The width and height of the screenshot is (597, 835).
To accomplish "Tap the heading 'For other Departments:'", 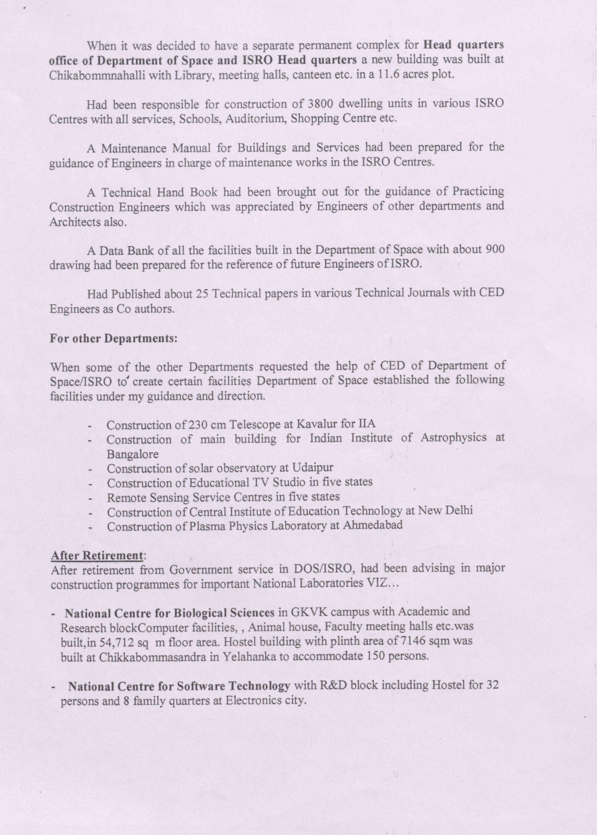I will (x=113, y=338).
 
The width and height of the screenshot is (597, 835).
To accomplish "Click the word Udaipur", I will (x=313, y=468).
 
